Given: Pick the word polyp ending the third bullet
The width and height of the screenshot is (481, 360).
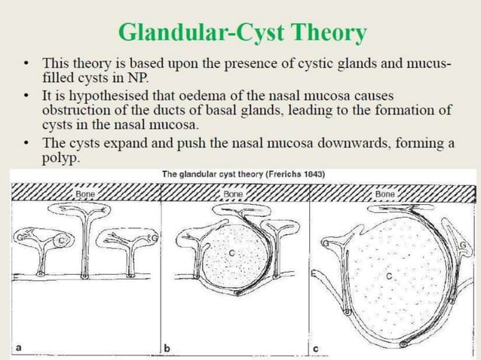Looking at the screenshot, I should click(60, 160).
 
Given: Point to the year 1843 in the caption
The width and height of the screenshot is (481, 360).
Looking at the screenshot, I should click(311, 174).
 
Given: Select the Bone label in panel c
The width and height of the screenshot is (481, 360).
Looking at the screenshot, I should click(384, 194).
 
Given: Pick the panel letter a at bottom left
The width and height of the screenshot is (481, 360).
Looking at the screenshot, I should click(18, 347).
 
